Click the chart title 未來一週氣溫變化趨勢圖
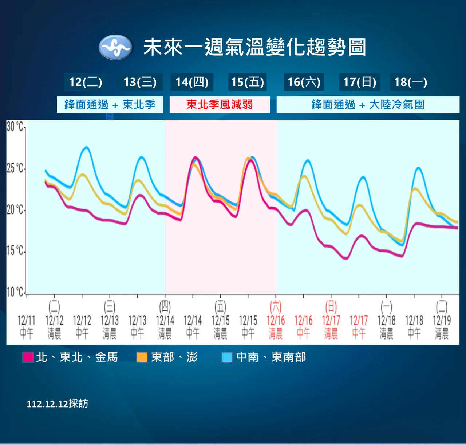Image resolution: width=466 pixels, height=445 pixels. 254,47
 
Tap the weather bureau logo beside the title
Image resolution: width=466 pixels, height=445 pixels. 115,47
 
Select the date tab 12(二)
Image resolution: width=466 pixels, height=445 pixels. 86,82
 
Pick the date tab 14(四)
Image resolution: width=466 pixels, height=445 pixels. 192,82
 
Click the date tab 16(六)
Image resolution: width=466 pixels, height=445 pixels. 304,82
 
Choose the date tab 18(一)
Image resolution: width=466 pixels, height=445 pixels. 410,82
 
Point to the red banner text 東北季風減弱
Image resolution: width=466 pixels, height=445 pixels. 220,105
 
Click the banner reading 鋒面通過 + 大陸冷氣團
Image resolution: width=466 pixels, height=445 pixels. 368,105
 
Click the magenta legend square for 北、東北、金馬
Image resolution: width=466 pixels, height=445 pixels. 28,357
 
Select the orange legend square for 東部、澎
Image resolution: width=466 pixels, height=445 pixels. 142,357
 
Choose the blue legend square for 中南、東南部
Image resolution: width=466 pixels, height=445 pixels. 227,357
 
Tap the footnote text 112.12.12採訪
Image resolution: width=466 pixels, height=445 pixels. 58,404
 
